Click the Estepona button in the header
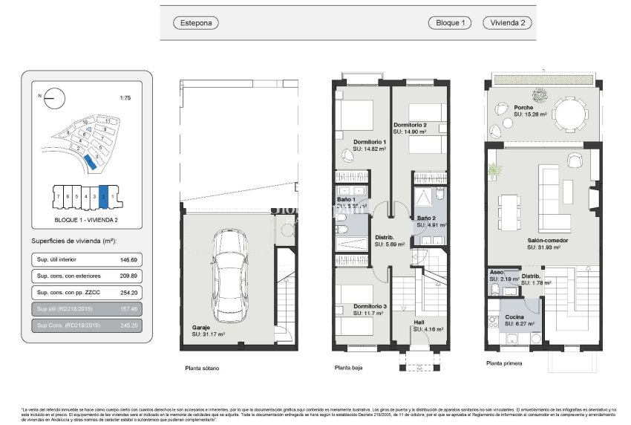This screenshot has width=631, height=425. [x=196, y=23]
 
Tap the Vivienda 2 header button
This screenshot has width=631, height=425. [x=508, y=23]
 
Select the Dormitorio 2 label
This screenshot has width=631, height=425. [x=410, y=125]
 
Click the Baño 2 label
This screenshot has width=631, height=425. [x=427, y=218]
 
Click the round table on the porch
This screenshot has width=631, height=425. [x=569, y=115]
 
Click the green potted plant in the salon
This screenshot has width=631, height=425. [x=494, y=172]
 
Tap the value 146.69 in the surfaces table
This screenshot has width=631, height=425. [x=130, y=260]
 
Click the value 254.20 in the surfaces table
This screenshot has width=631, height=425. [x=130, y=293]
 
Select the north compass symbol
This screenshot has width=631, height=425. [x=54, y=97]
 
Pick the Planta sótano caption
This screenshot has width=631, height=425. [x=202, y=368]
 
